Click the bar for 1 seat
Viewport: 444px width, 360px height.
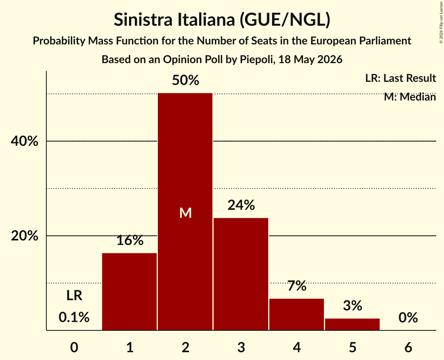click(x=129, y=291)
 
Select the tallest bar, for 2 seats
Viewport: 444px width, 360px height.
click(x=185, y=212)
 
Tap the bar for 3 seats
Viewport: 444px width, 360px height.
click(x=241, y=274)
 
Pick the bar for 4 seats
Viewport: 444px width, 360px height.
click(x=297, y=314)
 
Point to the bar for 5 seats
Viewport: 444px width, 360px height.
click(x=352, y=324)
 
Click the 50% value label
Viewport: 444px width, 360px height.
click(x=186, y=80)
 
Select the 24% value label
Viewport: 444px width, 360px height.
click(x=241, y=205)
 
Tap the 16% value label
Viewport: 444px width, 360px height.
click(x=130, y=240)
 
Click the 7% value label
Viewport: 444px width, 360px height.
click(x=297, y=286)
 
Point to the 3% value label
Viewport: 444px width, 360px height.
click(x=352, y=306)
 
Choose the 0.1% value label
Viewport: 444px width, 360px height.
click(x=74, y=317)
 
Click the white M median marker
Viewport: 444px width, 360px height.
click(x=186, y=213)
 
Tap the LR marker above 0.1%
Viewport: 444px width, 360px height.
click(x=74, y=295)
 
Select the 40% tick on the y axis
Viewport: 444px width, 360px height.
click(x=24, y=141)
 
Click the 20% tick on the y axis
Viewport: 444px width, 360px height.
click(x=24, y=235)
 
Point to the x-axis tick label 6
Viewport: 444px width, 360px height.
click(x=408, y=347)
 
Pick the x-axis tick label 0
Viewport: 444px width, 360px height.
click(x=74, y=347)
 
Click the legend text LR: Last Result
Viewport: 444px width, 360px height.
click(x=400, y=78)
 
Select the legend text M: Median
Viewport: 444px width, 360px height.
click(x=410, y=97)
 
